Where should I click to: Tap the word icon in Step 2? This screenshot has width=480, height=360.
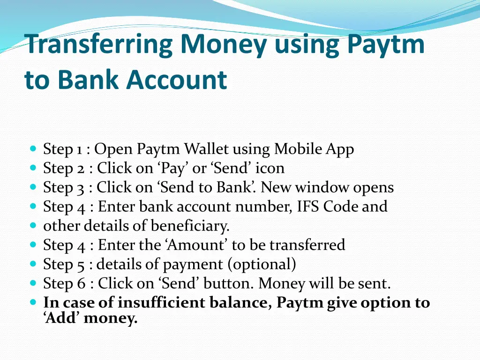click(270, 168)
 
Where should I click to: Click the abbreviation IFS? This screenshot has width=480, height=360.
click(310, 207)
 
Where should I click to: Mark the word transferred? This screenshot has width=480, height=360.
click(307, 245)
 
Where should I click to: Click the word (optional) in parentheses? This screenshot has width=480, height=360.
click(262, 264)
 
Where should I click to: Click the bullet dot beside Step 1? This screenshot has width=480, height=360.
click(33, 149)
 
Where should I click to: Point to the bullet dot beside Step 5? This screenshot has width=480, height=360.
click(33, 264)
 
